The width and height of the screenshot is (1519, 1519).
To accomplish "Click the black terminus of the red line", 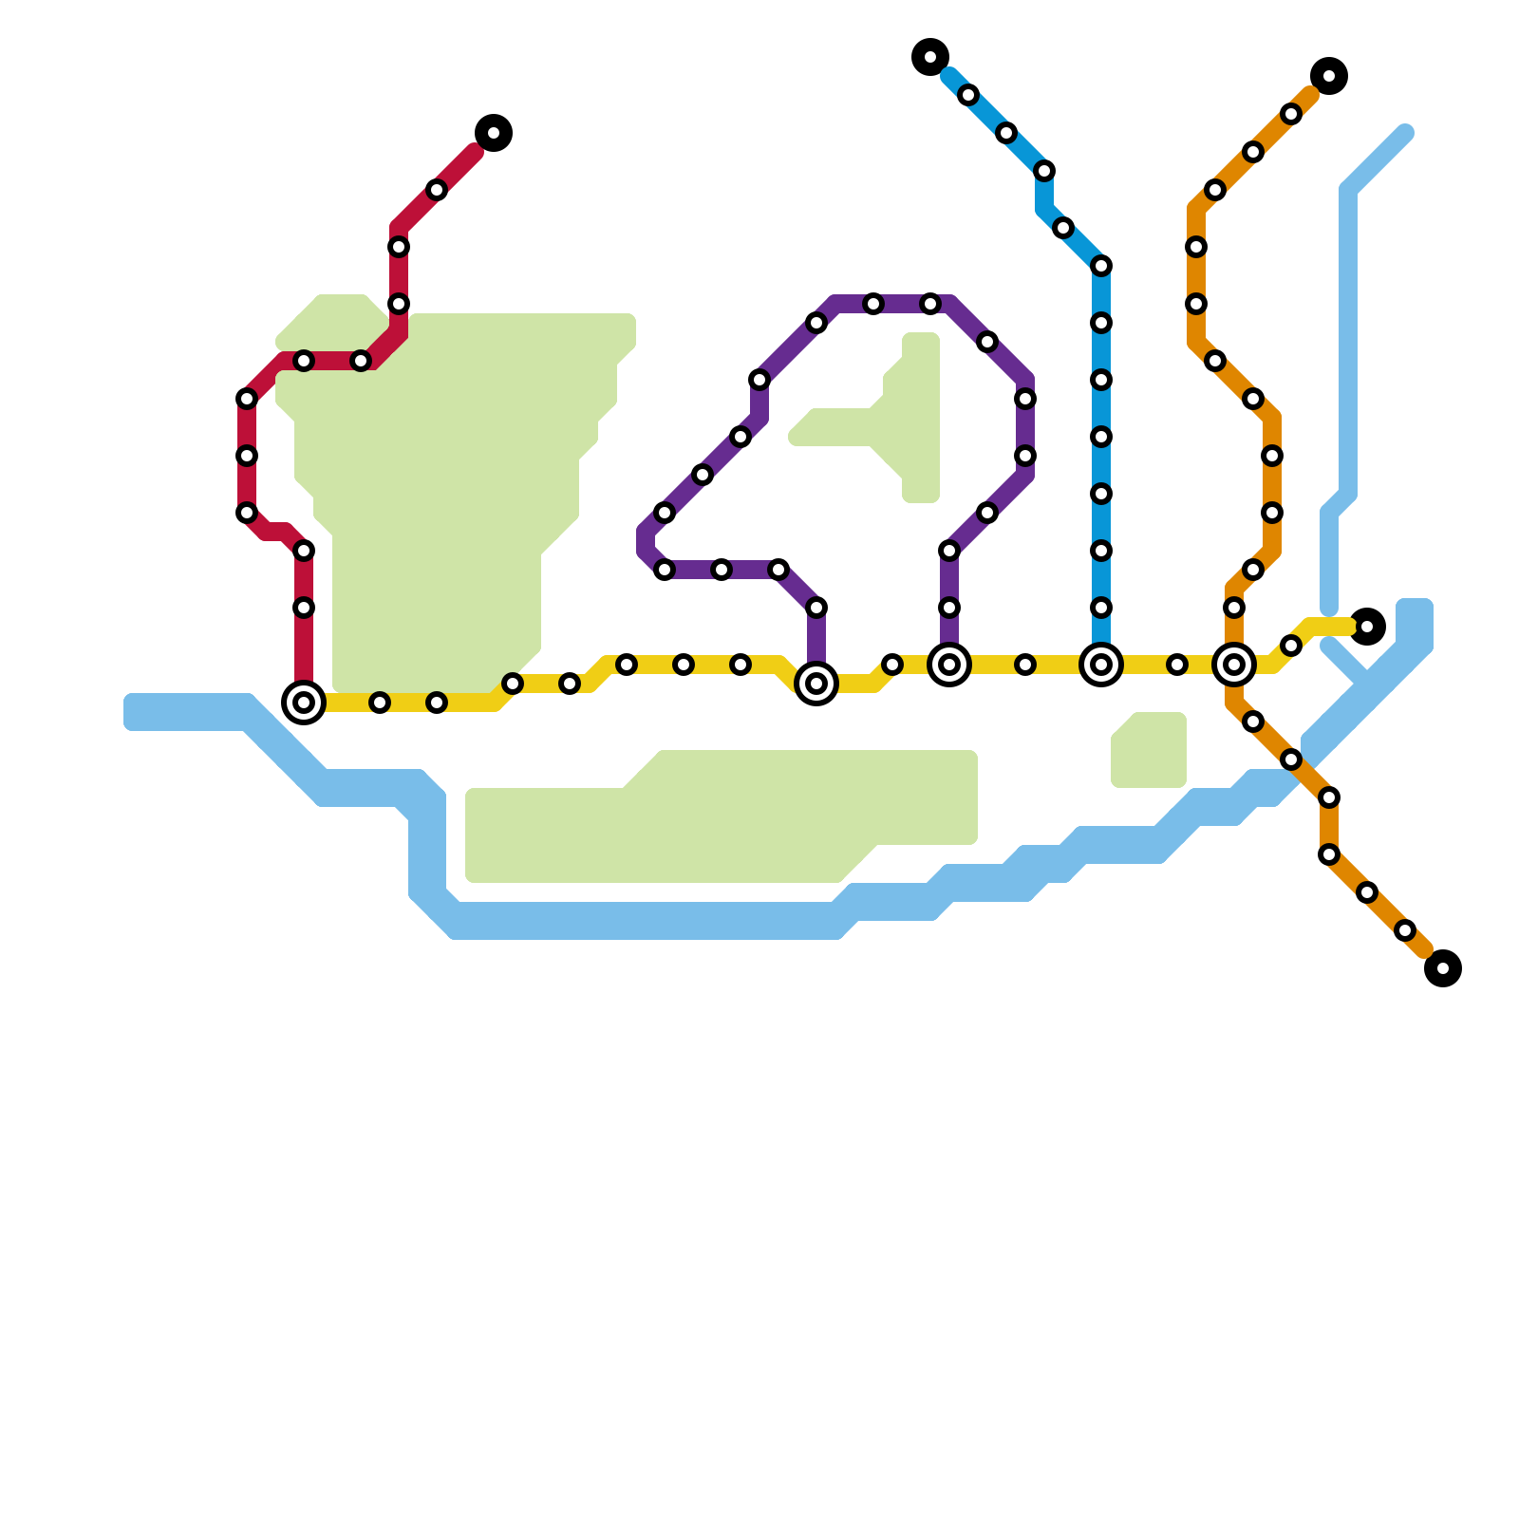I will coord(494,133).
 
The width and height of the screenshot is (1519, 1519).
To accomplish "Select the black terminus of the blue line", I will coord(930,57).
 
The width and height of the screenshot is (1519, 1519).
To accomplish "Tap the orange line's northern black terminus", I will coord(1329,76).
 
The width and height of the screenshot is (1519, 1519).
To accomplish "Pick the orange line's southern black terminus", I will coord(1443,968).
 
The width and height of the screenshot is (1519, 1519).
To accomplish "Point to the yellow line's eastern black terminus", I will coord(1367,627).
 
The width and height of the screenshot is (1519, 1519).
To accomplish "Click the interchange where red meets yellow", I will coord(304,703).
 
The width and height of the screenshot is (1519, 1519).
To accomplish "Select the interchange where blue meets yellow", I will coord(1101,665).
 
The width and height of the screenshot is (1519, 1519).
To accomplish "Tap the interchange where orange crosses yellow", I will coord(1234,665).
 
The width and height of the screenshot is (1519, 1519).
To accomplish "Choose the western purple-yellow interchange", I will coord(816,684).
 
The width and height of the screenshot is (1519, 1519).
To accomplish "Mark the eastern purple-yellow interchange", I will coord(949,665).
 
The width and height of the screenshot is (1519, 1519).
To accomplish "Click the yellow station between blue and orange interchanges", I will coord(1177,665).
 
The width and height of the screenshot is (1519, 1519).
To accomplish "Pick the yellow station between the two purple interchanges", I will coord(892,665).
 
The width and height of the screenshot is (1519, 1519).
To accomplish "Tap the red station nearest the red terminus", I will coord(437,190).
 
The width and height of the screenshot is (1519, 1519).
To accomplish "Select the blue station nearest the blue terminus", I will coord(968,95).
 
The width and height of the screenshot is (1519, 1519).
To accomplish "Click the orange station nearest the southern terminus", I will coord(1405,930).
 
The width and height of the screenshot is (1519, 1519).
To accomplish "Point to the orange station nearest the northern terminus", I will coord(1291,114).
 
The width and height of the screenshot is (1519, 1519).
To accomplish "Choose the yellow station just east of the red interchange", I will coord(380,703).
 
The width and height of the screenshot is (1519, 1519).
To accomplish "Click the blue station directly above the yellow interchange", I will coord(1101,608).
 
